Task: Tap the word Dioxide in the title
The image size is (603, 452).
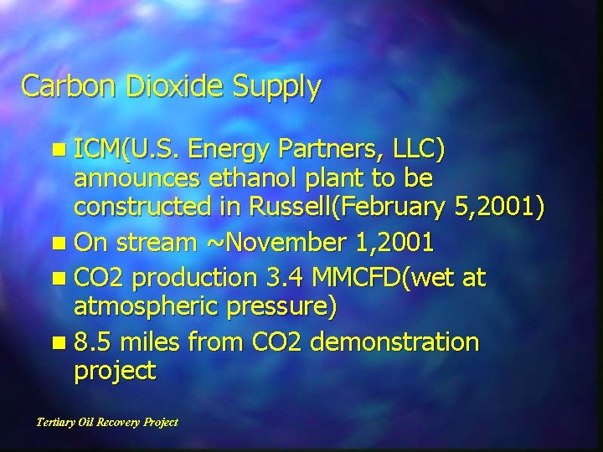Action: (x=159, y=86)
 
